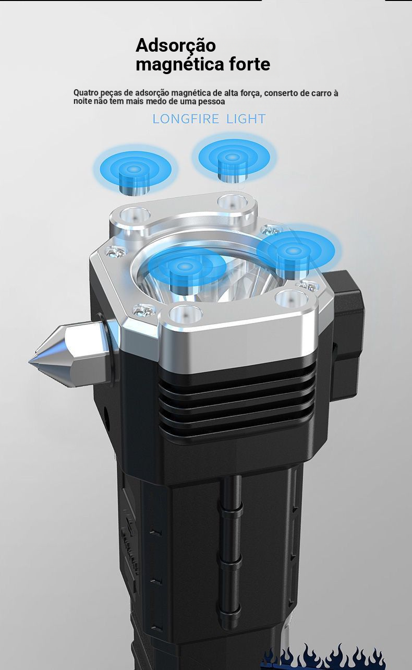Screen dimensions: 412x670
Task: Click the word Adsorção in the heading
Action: (176, 46)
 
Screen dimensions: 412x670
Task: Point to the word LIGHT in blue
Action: (246, 119)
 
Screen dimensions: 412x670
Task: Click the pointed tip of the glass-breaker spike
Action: (30, 362)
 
